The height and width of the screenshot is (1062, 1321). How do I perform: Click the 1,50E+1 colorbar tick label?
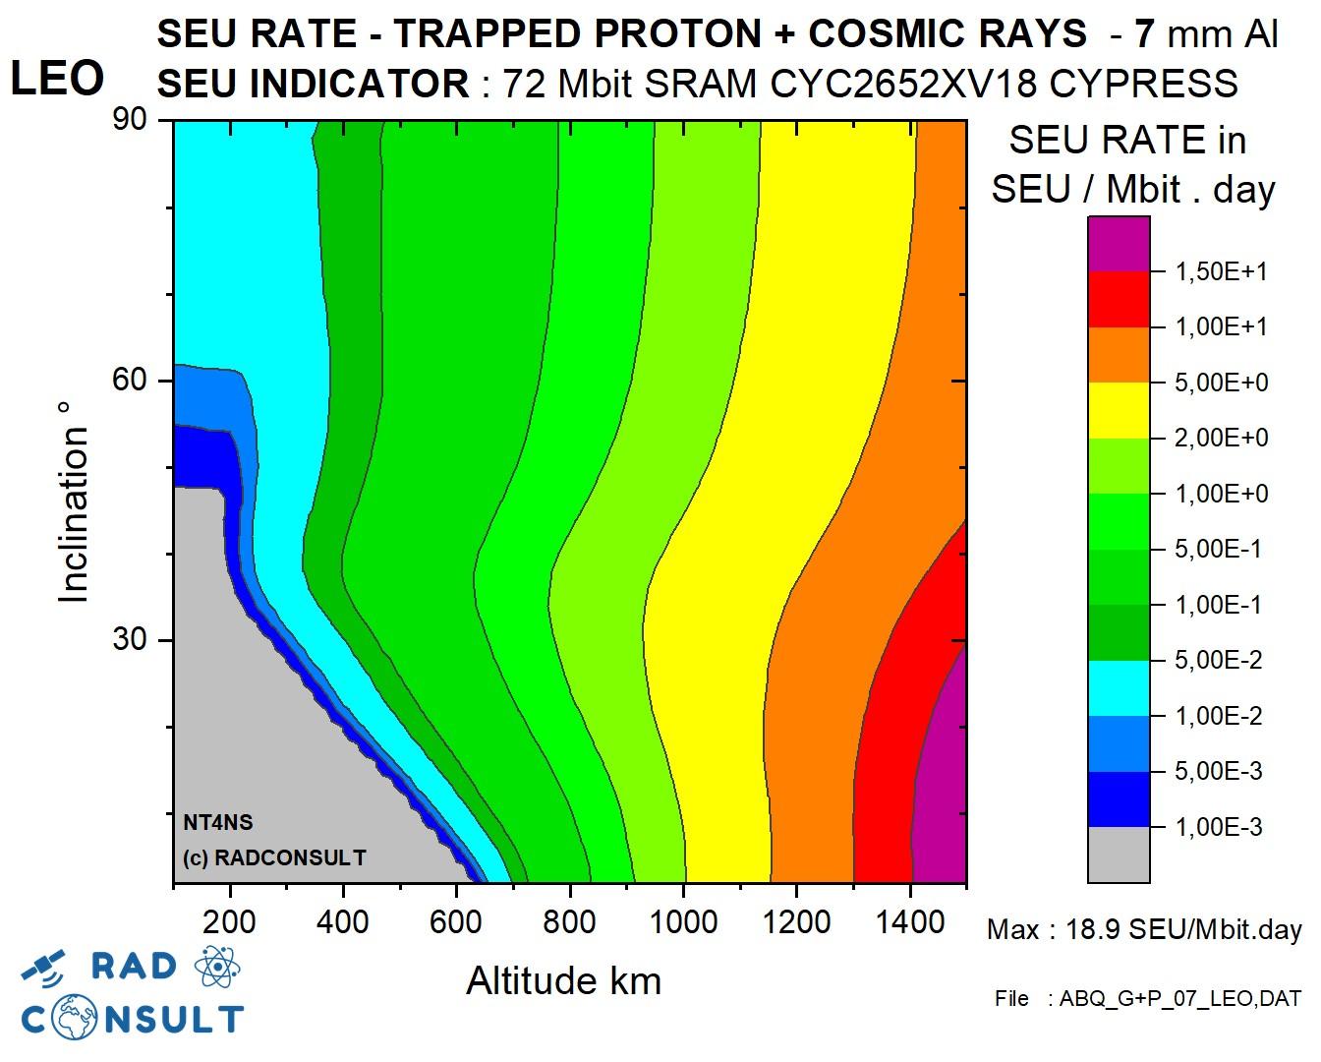click(x=1222, y=272)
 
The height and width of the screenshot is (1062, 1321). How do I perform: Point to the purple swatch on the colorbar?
click(x=1119, y=245)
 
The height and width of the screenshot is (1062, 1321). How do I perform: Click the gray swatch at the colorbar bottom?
click(x=1119, y=854)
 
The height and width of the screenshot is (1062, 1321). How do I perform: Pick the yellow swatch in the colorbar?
click(x=1119, y=410)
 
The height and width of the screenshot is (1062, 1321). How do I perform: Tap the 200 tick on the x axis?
click(x=230, y=922)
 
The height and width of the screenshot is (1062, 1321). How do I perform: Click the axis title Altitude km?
click(x=563, y=981)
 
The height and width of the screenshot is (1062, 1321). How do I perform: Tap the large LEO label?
click(x=57, y=79)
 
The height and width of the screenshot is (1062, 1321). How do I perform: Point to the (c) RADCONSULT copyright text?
click(x=274, y=857)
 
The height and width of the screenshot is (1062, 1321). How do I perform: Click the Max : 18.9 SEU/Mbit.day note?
click(x=1144, y=929)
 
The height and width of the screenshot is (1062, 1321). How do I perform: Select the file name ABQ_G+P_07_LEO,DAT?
click(x=1178, y=999)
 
